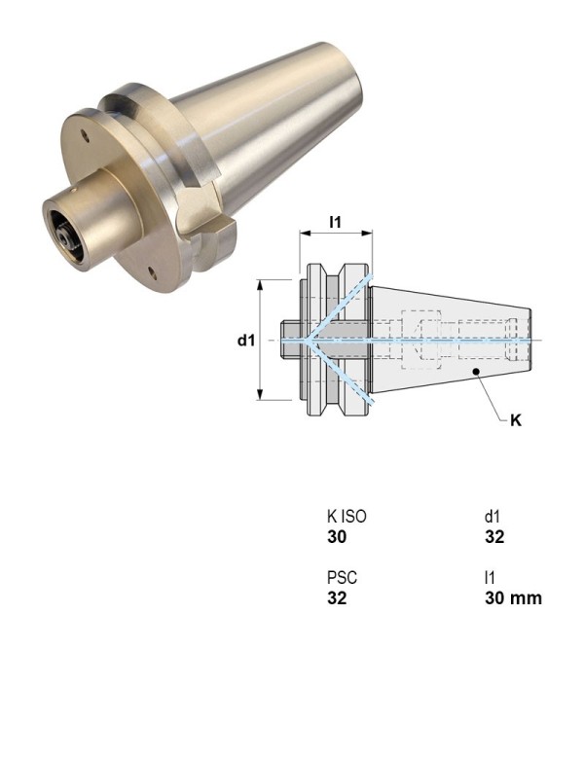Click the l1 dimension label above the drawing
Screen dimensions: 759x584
(335, 223)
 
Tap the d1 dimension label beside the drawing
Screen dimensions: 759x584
(246, 341)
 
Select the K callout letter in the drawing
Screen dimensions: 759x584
(516, 422)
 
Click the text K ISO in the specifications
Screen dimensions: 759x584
(347, 518)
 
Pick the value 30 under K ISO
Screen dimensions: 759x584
(336, 537)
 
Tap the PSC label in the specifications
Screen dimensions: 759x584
(341, 578)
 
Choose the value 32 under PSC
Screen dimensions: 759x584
(336, 597)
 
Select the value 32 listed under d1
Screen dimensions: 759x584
(494, 537)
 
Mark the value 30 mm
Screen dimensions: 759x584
(513, 597)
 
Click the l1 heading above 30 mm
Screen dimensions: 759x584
(490, 578)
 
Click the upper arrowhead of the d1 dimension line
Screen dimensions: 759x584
(260, 284)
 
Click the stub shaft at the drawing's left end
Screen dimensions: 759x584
(290, 341)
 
